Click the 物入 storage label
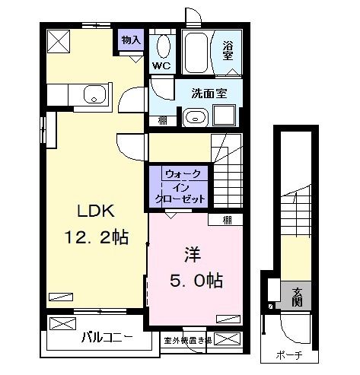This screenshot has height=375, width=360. click(130, 40)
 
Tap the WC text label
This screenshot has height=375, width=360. click(161, 65)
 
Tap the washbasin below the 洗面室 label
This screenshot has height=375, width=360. click(194, 117)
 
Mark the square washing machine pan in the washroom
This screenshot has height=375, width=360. click(225, 116)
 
